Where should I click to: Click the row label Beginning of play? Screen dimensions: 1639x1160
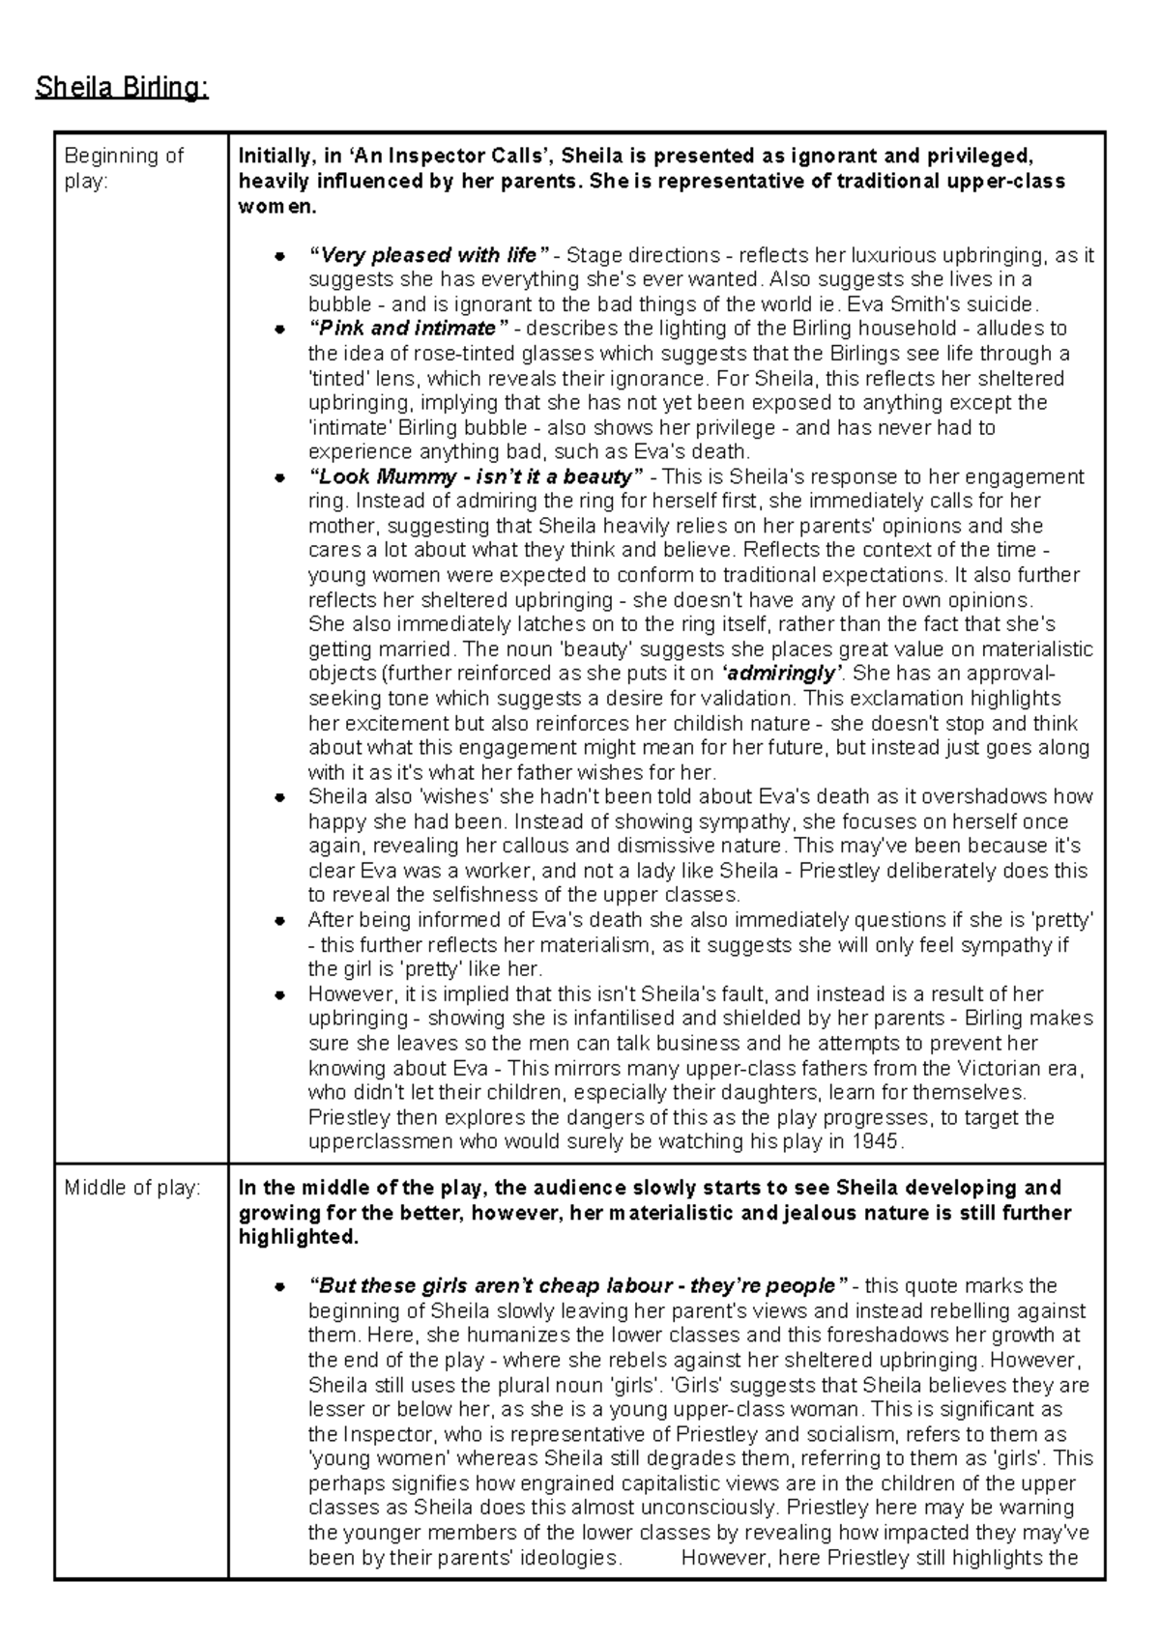pos(124,168)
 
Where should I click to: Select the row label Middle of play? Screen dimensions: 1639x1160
pos(131,1188)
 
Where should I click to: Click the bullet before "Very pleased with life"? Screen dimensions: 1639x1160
pos(278,256)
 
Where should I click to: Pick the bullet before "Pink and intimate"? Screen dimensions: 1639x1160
pos(278,330)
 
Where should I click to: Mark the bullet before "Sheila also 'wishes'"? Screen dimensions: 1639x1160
pos(278,797)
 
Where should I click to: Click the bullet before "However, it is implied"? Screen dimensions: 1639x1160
pos(278,994)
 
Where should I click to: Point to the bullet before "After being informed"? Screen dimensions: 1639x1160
pos(278,920)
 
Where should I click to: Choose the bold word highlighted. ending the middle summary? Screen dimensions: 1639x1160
pos(298,1237)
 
